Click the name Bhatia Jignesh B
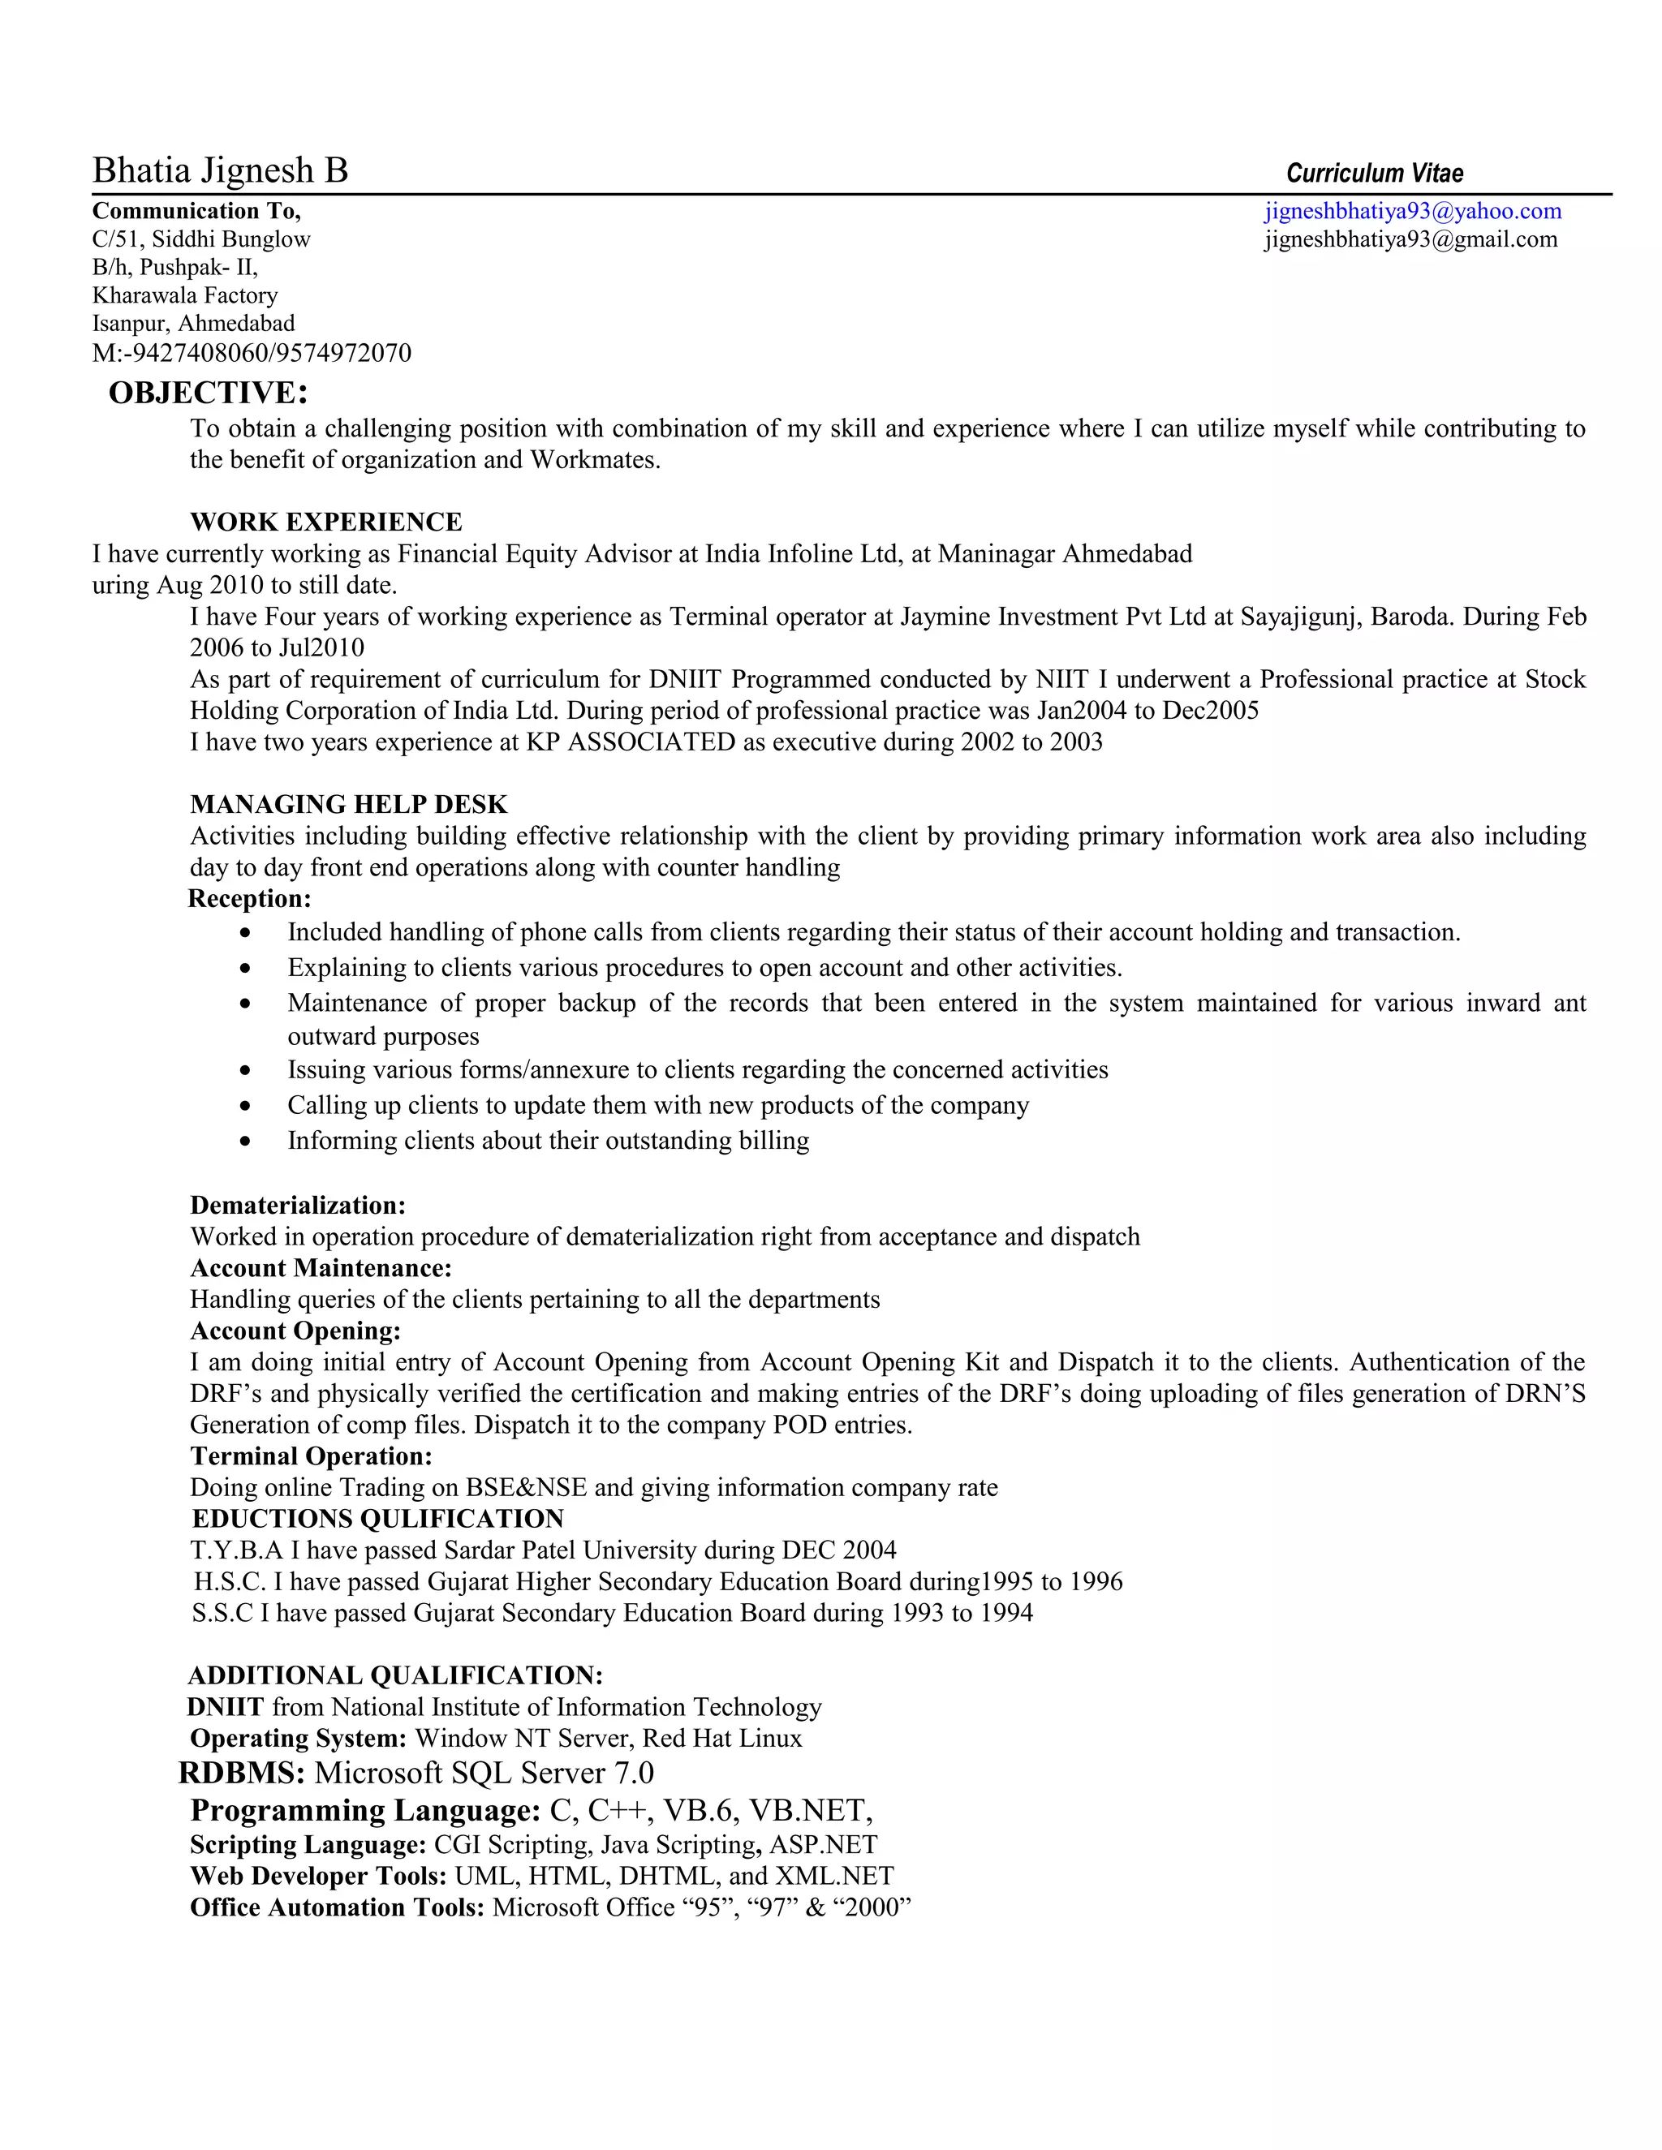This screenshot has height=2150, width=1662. coord(220,170)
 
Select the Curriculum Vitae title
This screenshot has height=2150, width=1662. coord(1374,174)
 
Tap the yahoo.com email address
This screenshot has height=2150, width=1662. coord(1412,211)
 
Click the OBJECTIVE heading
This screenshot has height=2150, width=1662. coord(208,393)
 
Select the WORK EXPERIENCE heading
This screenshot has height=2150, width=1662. coord(326,522)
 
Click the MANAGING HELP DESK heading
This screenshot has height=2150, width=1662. coord(348,804)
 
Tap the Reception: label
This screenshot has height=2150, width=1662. coord(249,899)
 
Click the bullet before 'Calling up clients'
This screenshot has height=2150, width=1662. coord(245,1107)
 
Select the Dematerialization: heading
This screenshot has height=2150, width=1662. coord(297,1205)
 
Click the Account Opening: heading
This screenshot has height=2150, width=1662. coord(295,1331)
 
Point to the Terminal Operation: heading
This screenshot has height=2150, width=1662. coord(311,1456)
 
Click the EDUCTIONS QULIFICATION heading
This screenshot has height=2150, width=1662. coord(377,1519)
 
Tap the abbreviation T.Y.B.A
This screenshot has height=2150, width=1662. coord(236,1550)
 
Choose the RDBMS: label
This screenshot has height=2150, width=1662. coord(241,1773)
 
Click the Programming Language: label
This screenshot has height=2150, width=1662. coord(365,1810)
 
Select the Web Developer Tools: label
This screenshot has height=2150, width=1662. coord(318,1877)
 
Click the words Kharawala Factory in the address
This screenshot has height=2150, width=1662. coord(185,295)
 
